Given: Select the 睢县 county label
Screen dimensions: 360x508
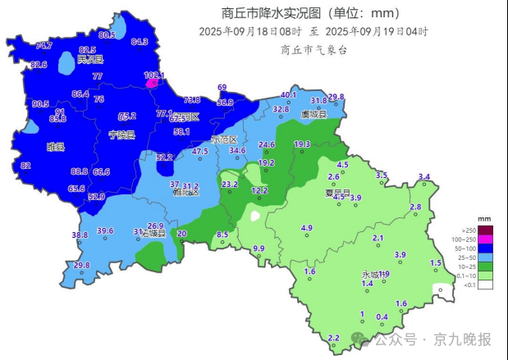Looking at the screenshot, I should (56, 147).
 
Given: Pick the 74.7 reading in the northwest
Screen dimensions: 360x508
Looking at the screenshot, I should (43, 46).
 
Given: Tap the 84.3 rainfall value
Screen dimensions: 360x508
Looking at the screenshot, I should (140, 42).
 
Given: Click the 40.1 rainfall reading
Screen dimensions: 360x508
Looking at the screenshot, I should (288, 95).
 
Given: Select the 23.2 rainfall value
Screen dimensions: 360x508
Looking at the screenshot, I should (230, 185).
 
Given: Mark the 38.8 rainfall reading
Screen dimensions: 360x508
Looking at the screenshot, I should (80, 235).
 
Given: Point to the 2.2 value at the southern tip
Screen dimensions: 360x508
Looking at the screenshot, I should (333, 338).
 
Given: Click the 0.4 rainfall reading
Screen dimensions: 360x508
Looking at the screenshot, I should (382, 317).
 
